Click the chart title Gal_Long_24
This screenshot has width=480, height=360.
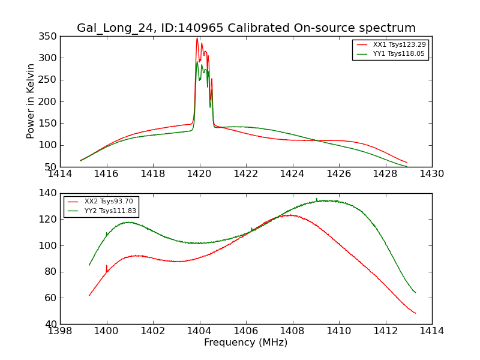[246, 28]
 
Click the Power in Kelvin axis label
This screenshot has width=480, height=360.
[31, 101]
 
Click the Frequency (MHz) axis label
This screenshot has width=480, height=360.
[246, 343]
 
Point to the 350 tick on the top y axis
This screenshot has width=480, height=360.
[49, 37]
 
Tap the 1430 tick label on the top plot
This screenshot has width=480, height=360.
[431, 174]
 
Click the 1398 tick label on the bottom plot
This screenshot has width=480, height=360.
[60, 331]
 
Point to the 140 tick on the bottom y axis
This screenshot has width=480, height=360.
[49, 193]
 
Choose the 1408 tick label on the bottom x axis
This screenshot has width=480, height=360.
[292, 331]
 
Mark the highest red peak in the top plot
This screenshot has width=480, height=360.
[197, 38]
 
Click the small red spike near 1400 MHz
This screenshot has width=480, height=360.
[107, 266]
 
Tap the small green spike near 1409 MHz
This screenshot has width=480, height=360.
[317, 199]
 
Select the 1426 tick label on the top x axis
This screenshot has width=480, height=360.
[338, 174]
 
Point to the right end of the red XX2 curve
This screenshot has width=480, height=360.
[415, 313]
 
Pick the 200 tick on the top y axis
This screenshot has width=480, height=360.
[49, 102]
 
